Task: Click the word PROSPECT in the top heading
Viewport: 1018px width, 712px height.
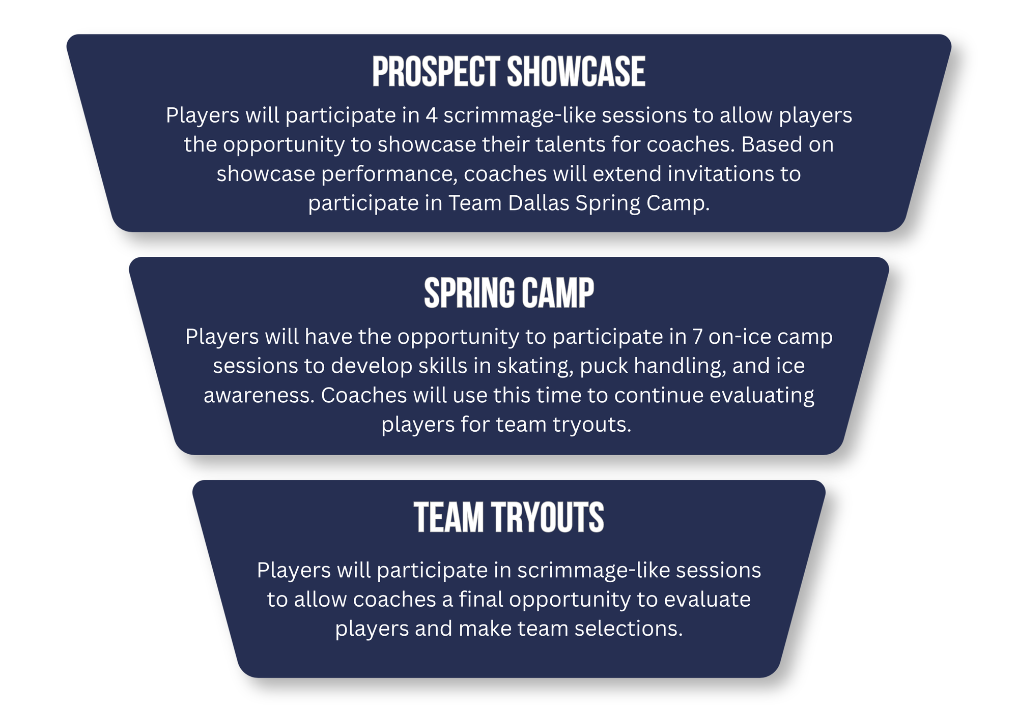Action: [436, 72]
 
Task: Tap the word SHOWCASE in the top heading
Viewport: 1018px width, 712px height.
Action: [576, 72]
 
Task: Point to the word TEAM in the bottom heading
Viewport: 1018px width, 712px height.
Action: [448, 518]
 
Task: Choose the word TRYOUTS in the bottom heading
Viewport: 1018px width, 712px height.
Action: [548, 518]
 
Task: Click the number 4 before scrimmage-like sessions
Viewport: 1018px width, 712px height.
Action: [432, 115]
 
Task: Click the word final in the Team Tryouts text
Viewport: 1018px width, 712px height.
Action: [481, 600]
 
